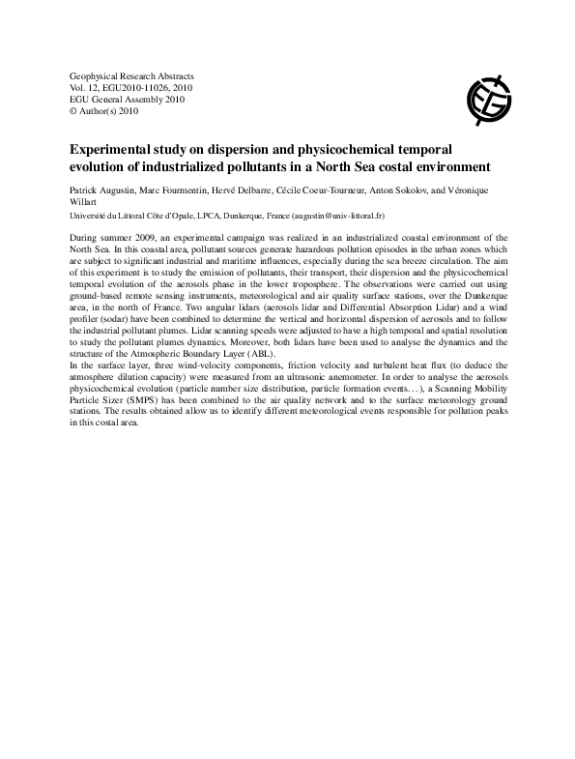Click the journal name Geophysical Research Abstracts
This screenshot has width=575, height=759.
point(132,75)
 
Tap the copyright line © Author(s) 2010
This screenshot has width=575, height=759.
point(104,111)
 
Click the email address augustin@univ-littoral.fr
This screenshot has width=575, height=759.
point(330,218)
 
